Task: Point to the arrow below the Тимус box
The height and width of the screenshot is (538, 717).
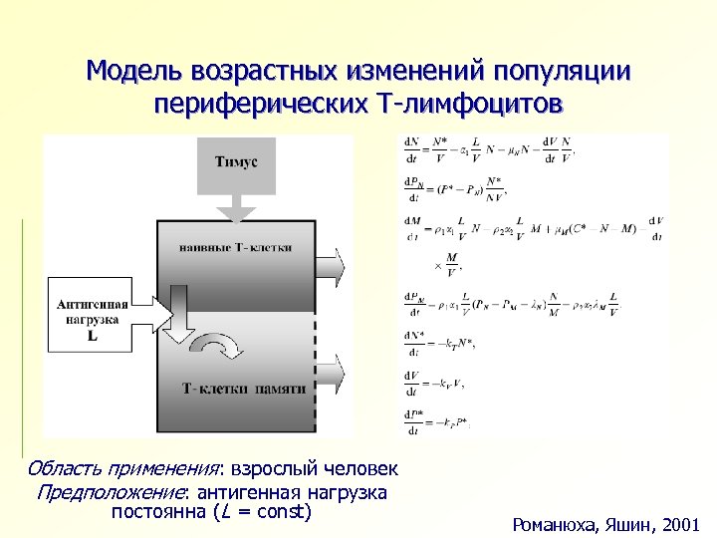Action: pos(237,207)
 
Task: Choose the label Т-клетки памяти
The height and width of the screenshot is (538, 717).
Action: pos(243,388)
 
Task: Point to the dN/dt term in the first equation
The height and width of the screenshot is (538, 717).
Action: pos(411,149)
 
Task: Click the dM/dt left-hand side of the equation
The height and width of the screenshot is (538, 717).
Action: pos(411,226)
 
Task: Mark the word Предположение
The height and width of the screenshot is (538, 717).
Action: pos(114,492)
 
